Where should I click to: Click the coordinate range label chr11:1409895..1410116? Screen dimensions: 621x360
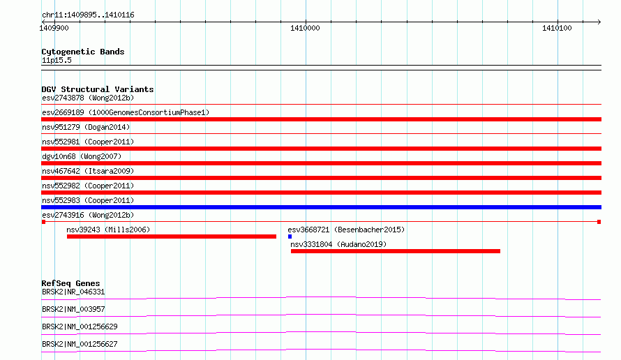click(88, 15)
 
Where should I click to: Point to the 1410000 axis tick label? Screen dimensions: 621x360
click(305, 28)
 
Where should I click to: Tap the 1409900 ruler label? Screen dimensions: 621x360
click(54, 28)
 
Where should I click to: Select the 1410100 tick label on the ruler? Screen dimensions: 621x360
click(557, 28)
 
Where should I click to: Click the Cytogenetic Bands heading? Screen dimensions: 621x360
click(83, 52)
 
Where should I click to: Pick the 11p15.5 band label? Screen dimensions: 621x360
click(57, 60)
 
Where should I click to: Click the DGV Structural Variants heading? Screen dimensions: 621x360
click(98, 89)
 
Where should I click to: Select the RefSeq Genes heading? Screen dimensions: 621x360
click(70, 283)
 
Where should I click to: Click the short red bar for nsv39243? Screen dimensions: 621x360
click(172, 237)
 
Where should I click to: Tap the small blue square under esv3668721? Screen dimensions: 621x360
click(290, 237)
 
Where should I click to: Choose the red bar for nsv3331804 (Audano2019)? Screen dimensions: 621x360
click(395, 251)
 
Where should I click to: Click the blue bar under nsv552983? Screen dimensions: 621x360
click(321, 207)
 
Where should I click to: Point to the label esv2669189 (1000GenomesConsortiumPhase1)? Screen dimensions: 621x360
click(126, 112)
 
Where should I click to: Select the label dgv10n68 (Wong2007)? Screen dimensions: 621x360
click(82, 156)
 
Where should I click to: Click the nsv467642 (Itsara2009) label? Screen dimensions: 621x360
click(88, 171)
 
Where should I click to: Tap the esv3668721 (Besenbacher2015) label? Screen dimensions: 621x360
click(346, 230)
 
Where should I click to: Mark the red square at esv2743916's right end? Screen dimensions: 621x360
click(599, 222)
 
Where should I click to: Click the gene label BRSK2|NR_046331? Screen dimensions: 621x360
click(73, 292)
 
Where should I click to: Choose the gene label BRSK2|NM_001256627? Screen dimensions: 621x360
click(80, 344)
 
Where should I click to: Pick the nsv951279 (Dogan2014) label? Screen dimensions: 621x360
click(86, 127)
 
